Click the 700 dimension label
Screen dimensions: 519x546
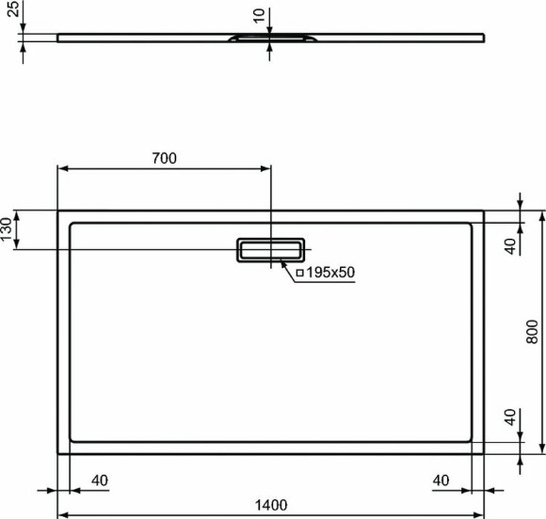click(x=164, y=158)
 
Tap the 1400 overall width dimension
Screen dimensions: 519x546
click(x=270, y=505)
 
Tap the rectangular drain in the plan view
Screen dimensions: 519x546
click(x=270, y=250)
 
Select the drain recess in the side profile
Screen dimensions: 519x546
click(x=270, y=39)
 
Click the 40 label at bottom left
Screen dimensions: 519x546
click(x=99, y=480)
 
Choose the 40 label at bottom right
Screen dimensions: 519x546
click(x=442, y=480)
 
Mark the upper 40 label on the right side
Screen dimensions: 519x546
click(x=509, y=246)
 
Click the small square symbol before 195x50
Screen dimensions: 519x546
click(x=299, y=273)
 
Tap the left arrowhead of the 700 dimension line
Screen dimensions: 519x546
click(x=62, y=169)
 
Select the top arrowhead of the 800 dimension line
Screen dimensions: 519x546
click(x=541, y=215)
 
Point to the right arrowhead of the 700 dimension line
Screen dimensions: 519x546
click(x=267, y=169)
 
